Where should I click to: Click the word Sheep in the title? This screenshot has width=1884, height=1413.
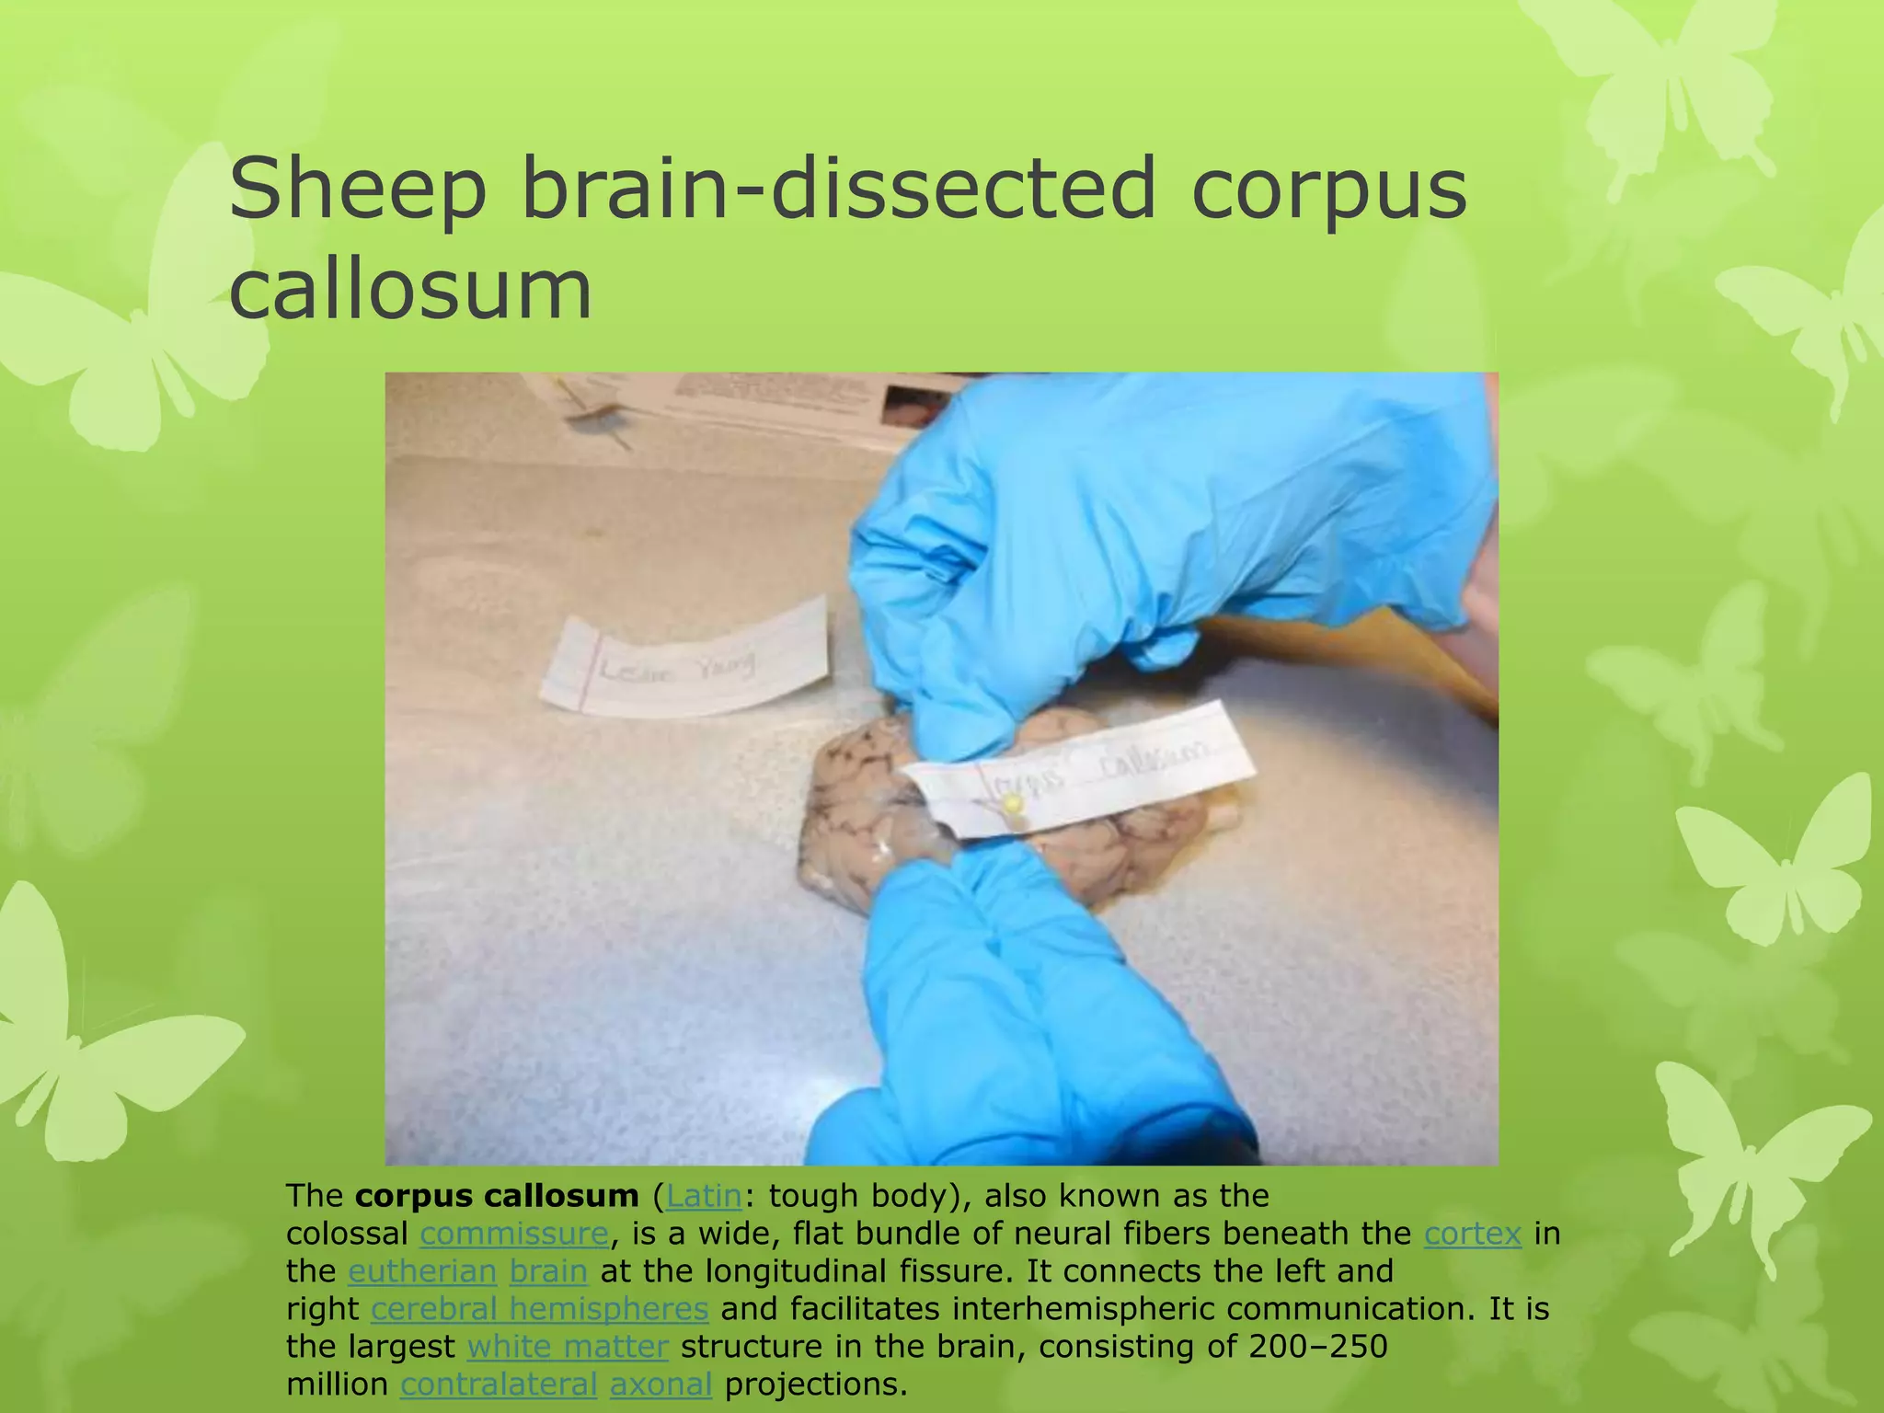pos(357,190)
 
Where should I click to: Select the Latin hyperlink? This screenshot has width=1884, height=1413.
pos(704,1196)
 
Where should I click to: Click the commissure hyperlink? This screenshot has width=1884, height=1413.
pos(514,1234)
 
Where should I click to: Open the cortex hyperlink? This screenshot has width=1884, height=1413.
pos(1472,1234)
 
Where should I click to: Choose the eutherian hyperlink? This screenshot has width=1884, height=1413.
pos(422,1271)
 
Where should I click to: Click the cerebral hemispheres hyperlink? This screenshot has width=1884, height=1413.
pos(540,1309)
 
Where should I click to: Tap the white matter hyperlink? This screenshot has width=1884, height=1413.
pos(568,1347)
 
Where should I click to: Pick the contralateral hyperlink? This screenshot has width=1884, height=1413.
pos(499,1384)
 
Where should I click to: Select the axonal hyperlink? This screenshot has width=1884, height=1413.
pos(661,1384)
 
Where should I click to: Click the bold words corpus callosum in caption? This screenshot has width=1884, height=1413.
pos(497,1196)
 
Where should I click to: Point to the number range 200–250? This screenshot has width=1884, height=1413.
pos(1318,1347)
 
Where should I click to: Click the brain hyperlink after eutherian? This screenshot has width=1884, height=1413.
pos(548,1271)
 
